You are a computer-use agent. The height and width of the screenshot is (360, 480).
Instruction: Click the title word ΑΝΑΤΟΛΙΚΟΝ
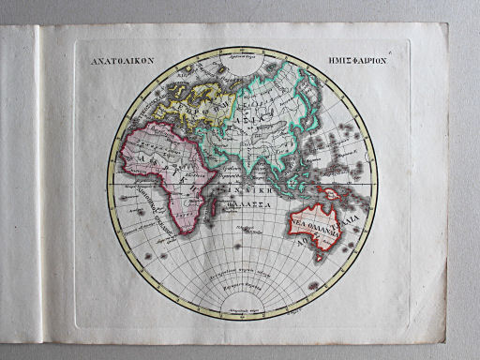(x=114, y=57)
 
